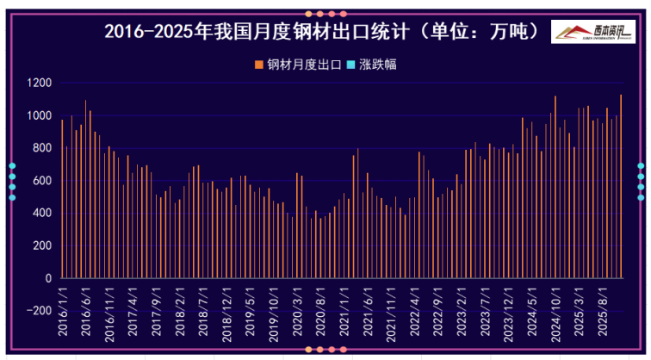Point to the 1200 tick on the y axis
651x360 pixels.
click(39, 84)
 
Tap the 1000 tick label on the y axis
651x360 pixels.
click(39, 115)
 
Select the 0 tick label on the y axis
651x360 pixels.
click(48, 278)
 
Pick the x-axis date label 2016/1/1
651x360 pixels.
click(62, 313)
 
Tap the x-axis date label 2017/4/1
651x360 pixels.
click(133, 313)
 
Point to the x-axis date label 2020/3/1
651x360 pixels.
click(297, 313)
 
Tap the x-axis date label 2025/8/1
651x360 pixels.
click(602, 313)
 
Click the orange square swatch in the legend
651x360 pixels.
click(258, 64)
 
